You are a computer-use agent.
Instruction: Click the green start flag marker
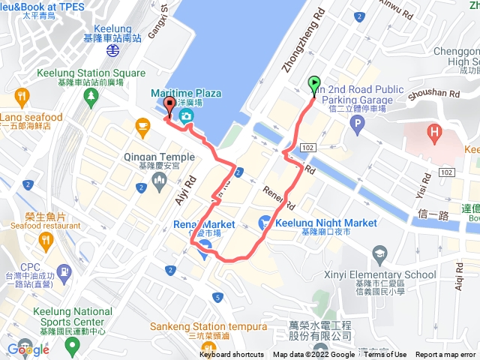[314, 85]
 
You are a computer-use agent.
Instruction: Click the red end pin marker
[169, 106]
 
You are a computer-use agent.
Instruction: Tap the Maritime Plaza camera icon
[185, 115]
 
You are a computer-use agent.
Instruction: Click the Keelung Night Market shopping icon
[265, 223]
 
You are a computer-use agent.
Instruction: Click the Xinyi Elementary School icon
[379, 256]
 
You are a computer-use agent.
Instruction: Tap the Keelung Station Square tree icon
[91, 96]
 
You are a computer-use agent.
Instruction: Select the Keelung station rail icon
[112, 50]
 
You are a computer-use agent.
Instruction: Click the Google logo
[28, 349]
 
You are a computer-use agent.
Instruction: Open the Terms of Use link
[385, 355]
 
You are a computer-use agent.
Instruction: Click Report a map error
[445, 355]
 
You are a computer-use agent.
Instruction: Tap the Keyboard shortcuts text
[231, 355]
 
